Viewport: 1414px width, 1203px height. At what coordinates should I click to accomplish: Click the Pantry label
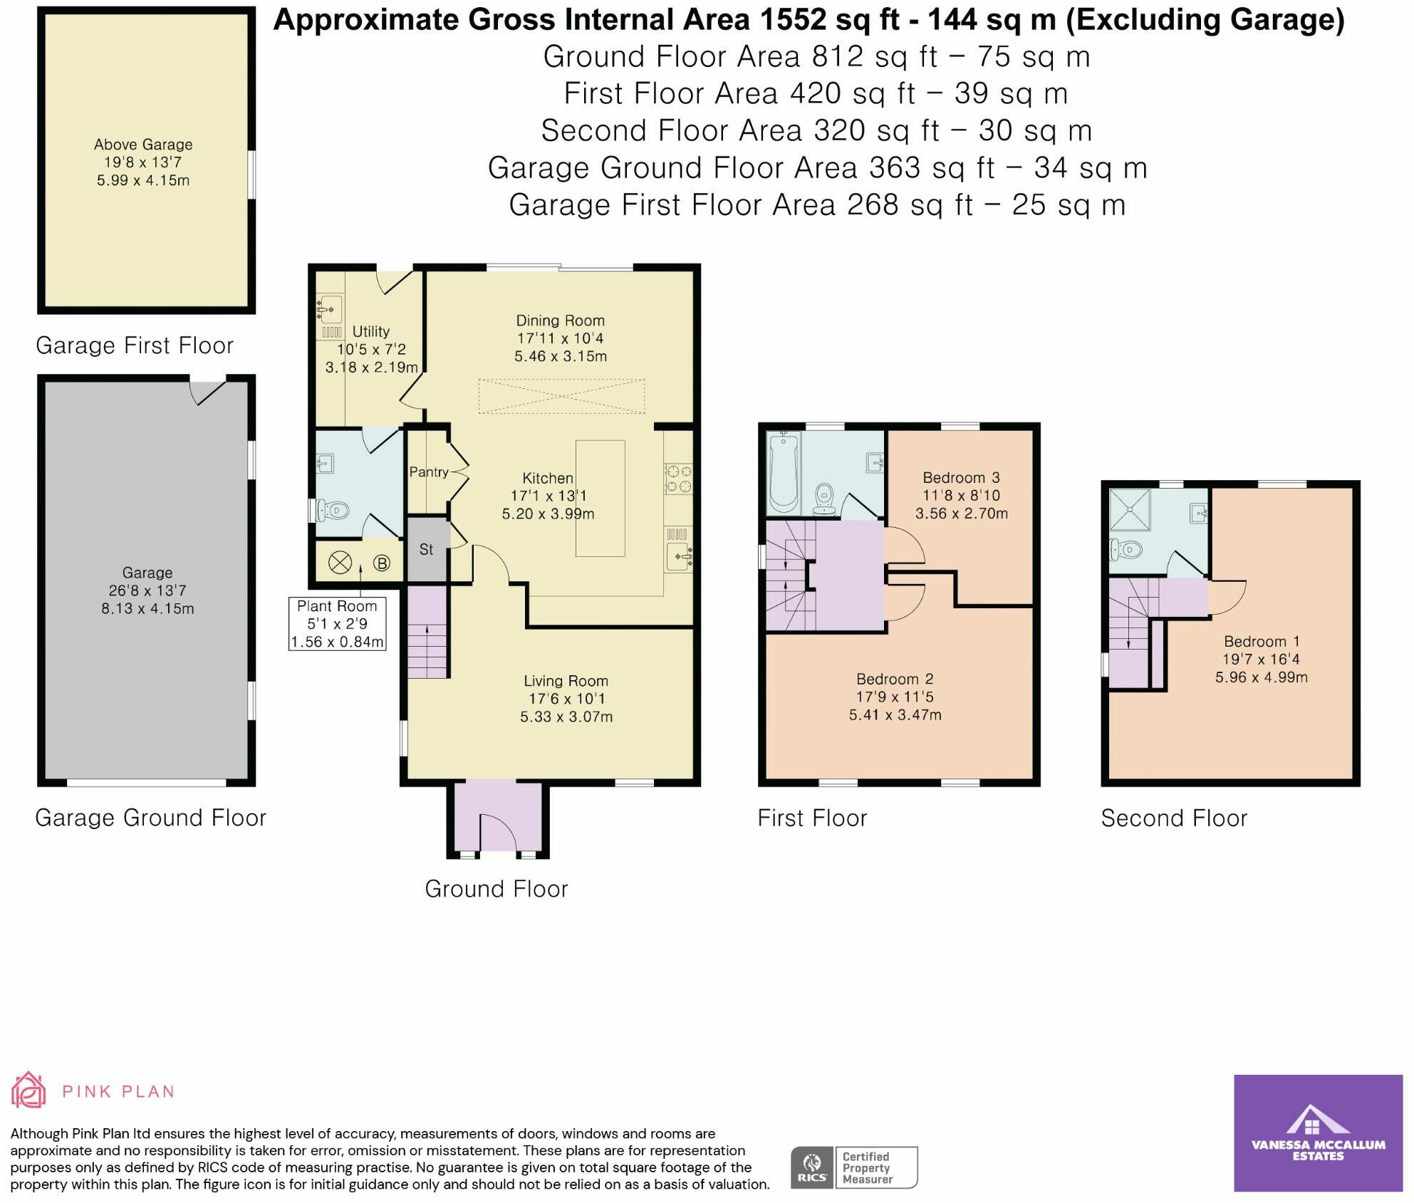[x=429, y=472]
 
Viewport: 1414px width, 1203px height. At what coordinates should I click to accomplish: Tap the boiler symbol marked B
[x=382, y=563]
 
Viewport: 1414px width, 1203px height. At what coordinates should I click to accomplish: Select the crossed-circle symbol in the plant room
[x=340, y=563]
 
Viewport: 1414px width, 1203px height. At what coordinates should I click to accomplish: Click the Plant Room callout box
[x=337, y=624]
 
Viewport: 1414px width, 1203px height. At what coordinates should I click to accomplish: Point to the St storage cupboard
[x=427, y=549]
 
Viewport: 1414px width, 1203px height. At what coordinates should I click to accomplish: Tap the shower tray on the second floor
[x=1130, y=510]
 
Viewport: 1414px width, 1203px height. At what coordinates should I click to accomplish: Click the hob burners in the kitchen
[x=678, y=479]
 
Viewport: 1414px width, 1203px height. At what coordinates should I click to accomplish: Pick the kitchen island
[x=601, y=498]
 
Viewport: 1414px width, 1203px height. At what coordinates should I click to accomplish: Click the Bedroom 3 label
[x=961, y=478]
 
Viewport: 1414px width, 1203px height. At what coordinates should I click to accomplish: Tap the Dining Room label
[x=560, y=321]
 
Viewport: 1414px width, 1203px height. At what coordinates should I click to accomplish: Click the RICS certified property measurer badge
[x=854, y=1167]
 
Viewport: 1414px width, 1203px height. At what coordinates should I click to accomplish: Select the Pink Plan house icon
[x=28, y=1090]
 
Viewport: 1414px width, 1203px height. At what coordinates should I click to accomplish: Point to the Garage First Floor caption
[x=135, y=345]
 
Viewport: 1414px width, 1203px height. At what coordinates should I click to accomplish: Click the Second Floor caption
[x=1174, y=818]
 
